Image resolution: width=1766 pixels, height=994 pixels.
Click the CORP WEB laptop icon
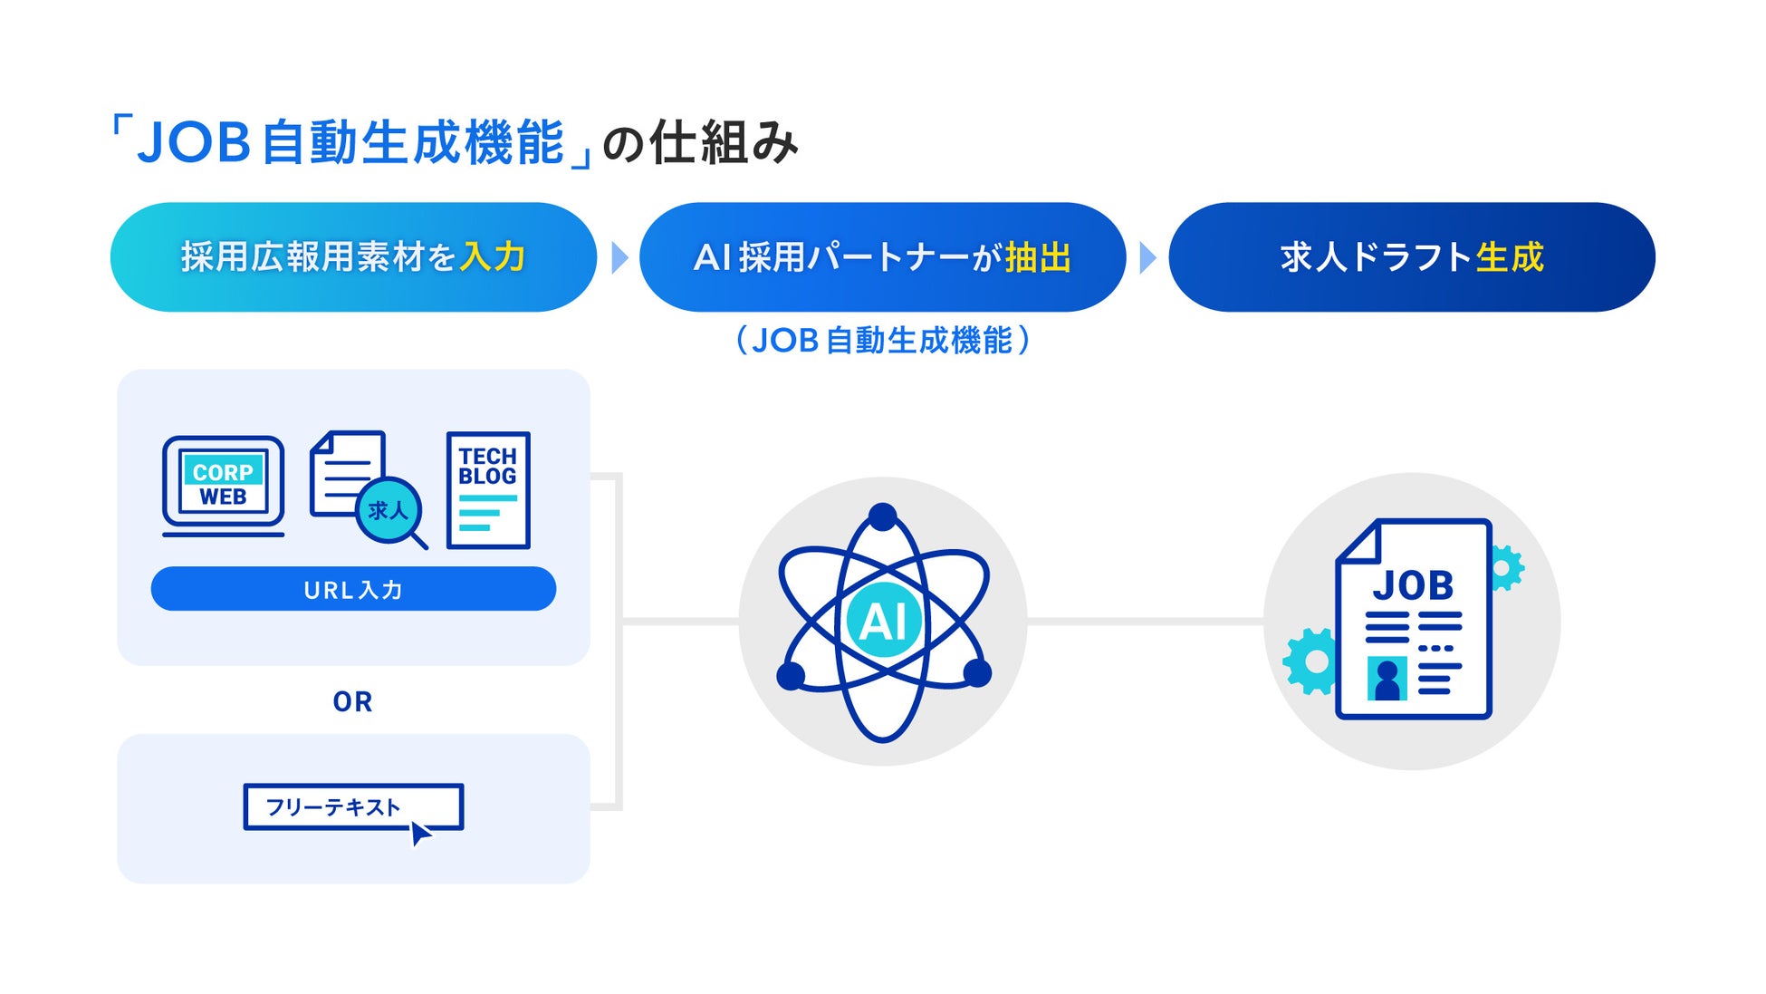click(223, 485)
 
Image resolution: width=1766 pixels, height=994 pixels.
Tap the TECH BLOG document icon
click(487, 490)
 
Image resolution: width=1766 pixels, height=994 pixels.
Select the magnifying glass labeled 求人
click(389, 511)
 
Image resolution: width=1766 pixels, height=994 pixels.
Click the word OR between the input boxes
click(352, 701)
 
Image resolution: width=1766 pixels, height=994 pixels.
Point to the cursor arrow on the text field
click(420, 833)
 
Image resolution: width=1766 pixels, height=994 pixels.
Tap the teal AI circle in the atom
click(883, 622)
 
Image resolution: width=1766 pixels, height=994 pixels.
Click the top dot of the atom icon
click(882, 516)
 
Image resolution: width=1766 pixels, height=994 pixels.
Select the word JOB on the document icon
click(1413, 585)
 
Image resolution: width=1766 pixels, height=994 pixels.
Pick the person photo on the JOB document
click(1387, 679)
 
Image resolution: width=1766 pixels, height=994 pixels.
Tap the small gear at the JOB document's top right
click(1504, 568)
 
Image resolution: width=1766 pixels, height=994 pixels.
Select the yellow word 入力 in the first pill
click(493, 257)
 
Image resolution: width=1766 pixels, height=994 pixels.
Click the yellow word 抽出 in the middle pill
click(1038, 257)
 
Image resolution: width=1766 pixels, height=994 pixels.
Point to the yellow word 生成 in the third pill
click(1510, 257)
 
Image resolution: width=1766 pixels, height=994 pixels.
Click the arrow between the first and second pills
click(619, 257)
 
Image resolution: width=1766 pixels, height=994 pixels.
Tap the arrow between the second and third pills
click(1147, 257)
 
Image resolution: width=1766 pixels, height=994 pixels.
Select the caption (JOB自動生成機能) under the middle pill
click(883, 341)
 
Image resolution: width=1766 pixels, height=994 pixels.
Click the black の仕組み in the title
click(700, 143)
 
